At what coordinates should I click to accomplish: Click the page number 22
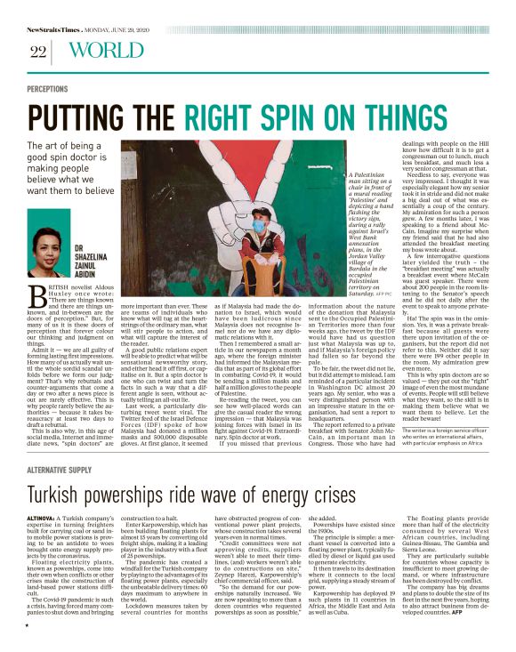click(x=36, y=52)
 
